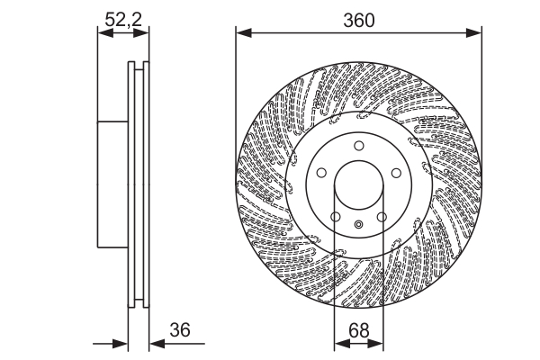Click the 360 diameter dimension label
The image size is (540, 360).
pos(357,18)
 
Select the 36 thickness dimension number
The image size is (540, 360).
pos(181,331)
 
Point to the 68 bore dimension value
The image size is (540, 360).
pos(357,331)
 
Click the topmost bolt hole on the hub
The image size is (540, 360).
pos(357,147)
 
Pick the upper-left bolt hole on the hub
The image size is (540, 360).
pos(321,174)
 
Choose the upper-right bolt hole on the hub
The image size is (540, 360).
pos(394,174)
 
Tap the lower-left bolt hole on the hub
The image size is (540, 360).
pos(335,217)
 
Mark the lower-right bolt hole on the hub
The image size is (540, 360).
pos(381,217)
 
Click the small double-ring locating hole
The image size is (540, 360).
pos(357,225)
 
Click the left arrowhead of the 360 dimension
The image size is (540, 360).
pos(241,33)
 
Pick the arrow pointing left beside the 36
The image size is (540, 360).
pos(153,344)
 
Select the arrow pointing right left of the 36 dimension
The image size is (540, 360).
pos(122,344)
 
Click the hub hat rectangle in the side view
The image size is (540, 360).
pos(112,184)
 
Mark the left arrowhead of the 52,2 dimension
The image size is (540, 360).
pos(102,33)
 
